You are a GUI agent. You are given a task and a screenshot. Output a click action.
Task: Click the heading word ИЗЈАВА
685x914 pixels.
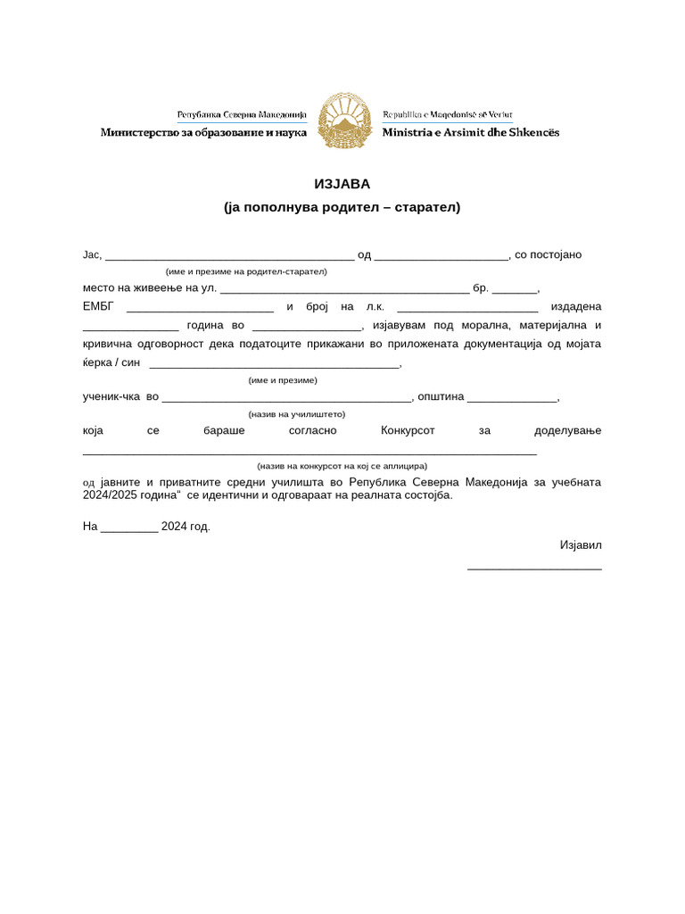tap(342, 184)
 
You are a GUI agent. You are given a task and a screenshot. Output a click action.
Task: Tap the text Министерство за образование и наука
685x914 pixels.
tap(203, 132)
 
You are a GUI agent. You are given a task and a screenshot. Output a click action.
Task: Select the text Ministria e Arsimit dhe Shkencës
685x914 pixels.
tap(471, 132)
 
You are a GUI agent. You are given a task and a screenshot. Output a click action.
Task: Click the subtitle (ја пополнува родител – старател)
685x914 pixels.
tap(342, 207)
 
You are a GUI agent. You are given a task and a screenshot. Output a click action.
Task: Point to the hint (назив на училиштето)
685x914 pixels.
tap(296, 414)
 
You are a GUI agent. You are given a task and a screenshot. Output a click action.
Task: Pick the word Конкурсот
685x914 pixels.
tap(408, 430)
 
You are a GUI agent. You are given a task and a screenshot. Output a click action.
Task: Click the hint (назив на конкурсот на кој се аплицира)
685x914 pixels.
tap(342, 466)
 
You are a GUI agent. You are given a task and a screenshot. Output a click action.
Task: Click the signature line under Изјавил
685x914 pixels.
tap(534, 568)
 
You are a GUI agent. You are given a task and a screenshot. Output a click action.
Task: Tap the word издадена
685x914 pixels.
tap(576, 308)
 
